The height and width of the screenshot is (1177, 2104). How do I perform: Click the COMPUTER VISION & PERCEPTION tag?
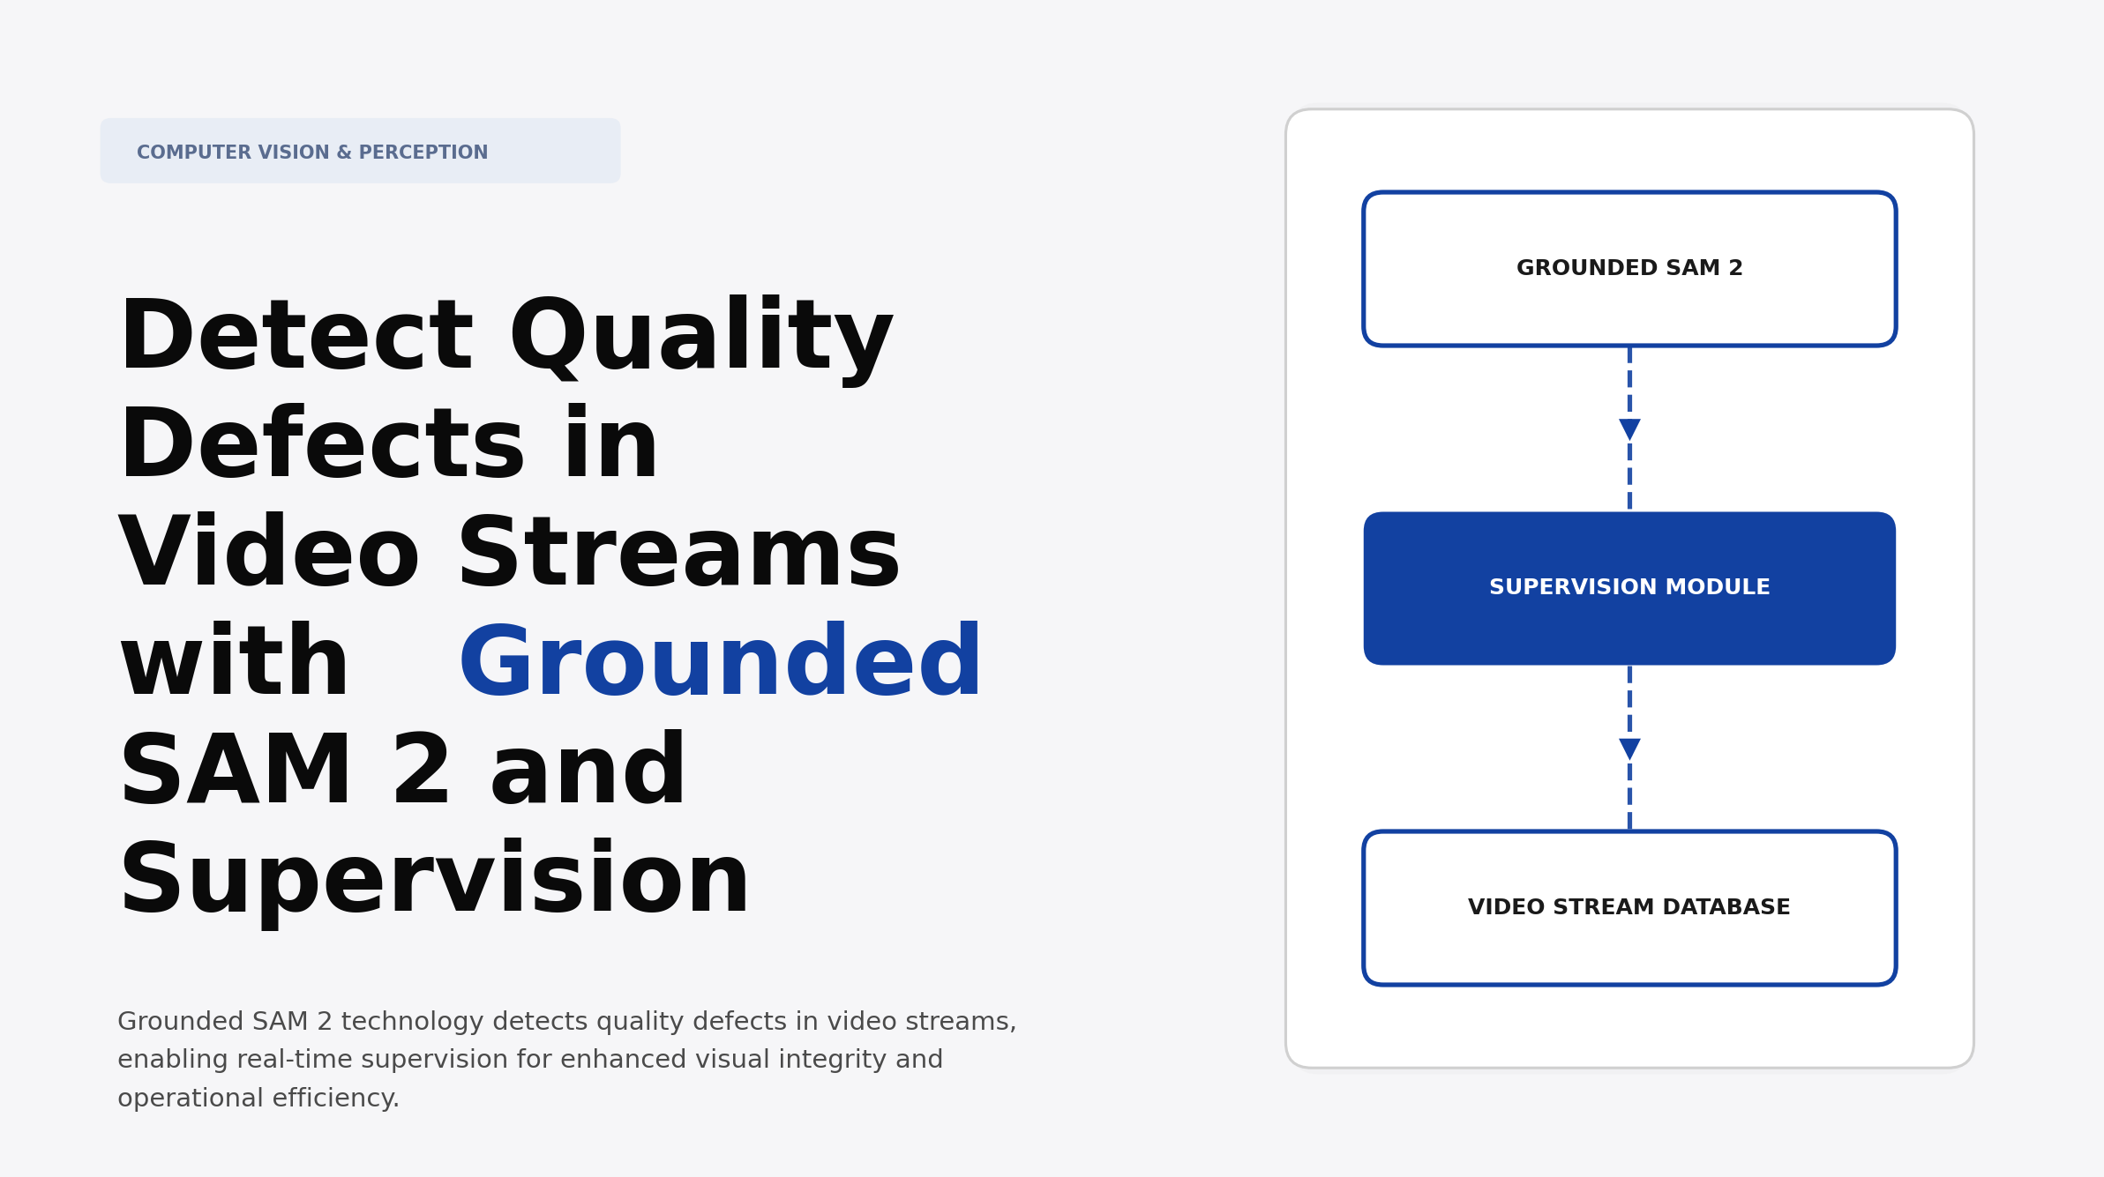click(x=360, y=152)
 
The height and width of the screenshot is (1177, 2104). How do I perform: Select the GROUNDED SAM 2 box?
click(x=1629, y=268)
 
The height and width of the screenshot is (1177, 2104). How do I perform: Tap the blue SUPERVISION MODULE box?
click(x=1629, y=588)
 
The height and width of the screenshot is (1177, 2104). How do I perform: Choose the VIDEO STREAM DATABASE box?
click(x=1629, y=907)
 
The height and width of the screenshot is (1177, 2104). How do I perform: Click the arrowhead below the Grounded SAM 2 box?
click(x=1629, y=429)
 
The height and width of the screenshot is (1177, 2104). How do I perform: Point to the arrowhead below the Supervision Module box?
click(x=1629, y=749)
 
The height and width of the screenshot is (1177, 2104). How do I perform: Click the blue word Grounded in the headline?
click(x=720, y=663)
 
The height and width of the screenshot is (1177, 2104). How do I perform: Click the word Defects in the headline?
click(x=322, y=446)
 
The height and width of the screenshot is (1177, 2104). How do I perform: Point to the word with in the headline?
click(x=235, y=663)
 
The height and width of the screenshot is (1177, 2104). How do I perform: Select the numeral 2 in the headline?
click(x=422, y=772)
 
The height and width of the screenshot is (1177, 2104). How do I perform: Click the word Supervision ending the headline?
click(x=434, y=881)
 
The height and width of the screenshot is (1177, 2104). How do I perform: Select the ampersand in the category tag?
click(x=344, y=153)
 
